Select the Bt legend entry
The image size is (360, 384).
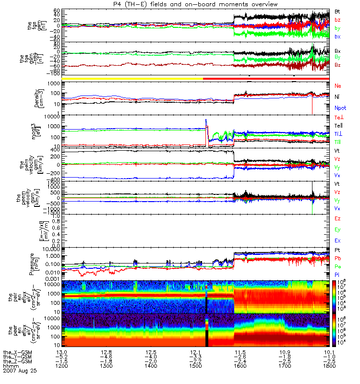tap(337, 11)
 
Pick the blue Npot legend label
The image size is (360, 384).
tap(340, 108)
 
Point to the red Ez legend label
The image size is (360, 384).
tap(337, 218)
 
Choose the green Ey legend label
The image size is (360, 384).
tap(337, 229)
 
